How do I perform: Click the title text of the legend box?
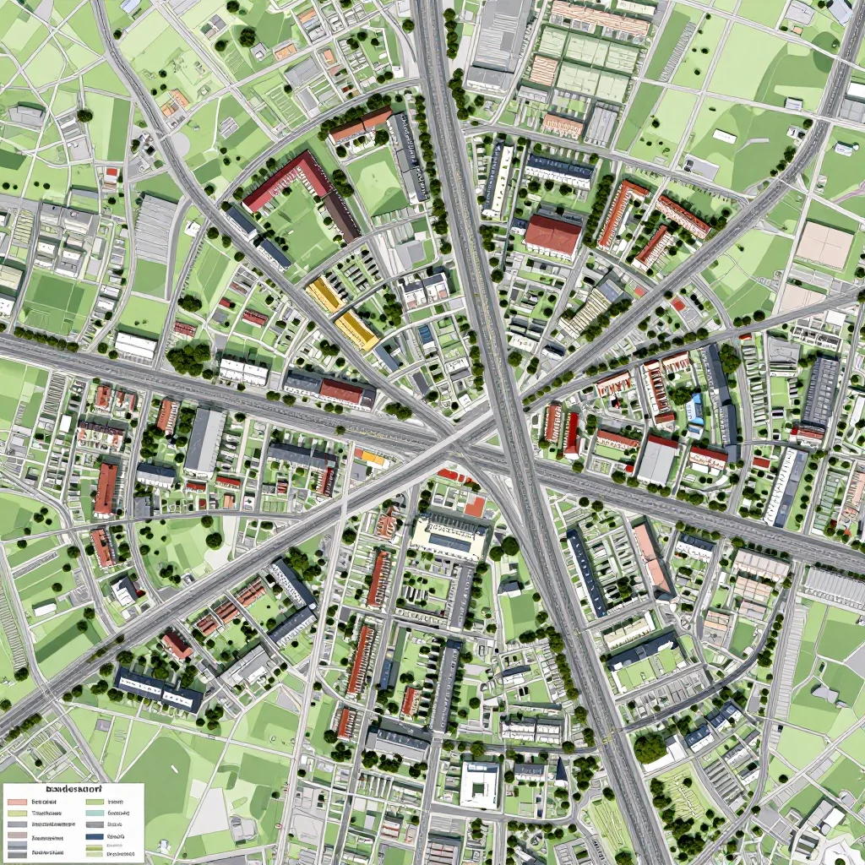[x=73, y=789]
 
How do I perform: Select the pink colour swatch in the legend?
[x=17, y=802]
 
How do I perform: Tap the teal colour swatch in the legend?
[x=95, y=813]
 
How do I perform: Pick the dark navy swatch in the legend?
[x=95, y=836]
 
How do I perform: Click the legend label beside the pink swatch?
[x=44, y=802]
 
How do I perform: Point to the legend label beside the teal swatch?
[x=118, y=813]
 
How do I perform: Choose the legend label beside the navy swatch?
[x=116, y=836]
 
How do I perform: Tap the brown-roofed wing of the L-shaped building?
[x=341, y=216]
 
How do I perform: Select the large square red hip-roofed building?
[x=552, y=235]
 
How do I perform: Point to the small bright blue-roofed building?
[x=694, y=407]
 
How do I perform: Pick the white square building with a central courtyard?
[x=480, y=784]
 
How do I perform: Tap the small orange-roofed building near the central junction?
[x=372, y=458]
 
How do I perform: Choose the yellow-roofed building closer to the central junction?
[x=356, y=329]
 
